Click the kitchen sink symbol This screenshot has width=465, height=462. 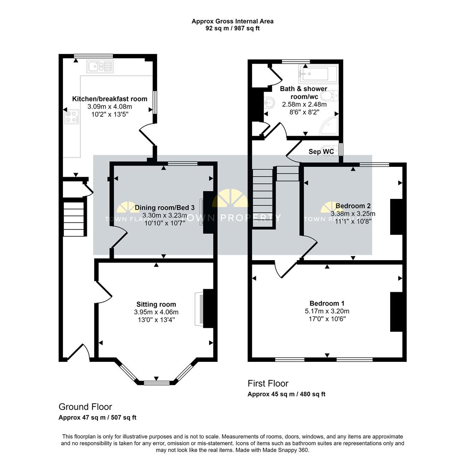pyautogui.click(x=100, y=66)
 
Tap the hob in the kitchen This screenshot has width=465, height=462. pyautogui.click(x=71, y=116)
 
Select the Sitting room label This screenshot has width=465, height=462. pyautogui.click(x=156, y=305)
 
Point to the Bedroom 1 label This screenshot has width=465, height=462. pyautogui.click(x=327, y=304)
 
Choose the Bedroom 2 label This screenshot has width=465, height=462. pyautogui.click(x=353, y=206)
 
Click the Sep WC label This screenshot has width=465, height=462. pyautogui.click(x=321, y=151)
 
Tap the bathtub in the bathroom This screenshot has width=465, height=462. pyautogui.click(x=314, y=74)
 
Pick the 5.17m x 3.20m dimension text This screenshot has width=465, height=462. pyautogui.click(x=327, y=311)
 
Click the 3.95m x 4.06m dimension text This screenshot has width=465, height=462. pyautogui.click(x=156, y=312)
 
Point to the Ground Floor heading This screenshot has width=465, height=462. pyautogui.click(x=85, y=407)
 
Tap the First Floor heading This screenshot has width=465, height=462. pyautogui.click(x=268, y=383)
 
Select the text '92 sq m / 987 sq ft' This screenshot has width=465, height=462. pyautogui.click(x=232, y=28)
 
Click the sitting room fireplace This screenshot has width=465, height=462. pyautogui.click(x=199, y=309)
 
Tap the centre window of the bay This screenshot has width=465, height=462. pyautogui.click(x=156, y=382)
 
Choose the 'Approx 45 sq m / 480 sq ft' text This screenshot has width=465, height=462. pyautogui.click(x=286, y=394)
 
